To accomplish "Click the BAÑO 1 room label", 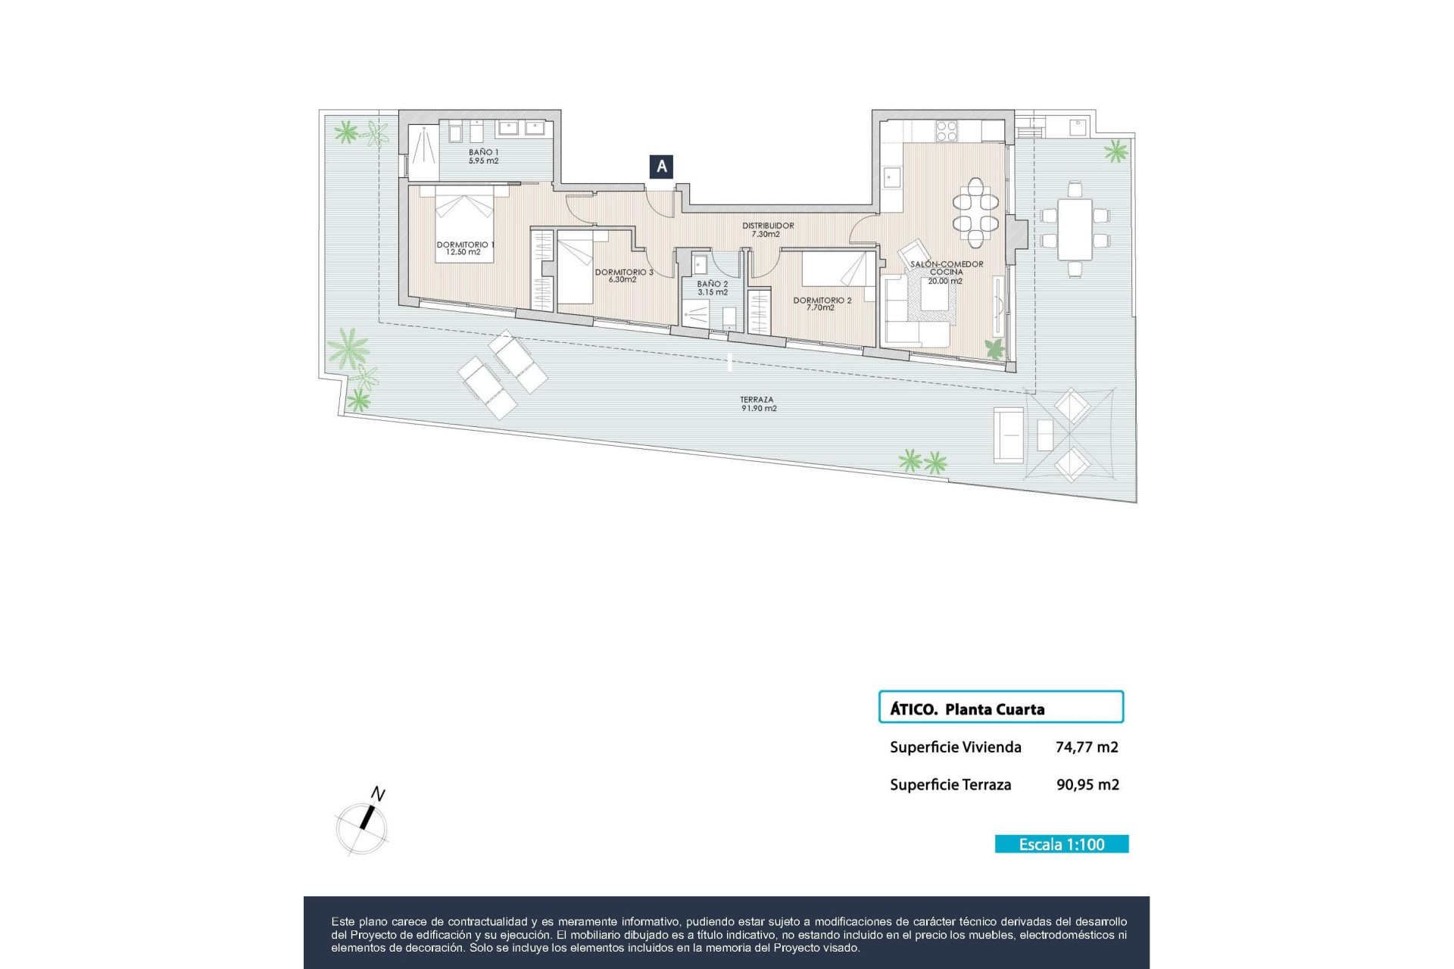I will click(483, 157).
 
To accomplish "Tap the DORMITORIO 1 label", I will click(464, 248).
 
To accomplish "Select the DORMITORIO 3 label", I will click(623, 276).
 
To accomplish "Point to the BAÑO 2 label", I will click(713, 288).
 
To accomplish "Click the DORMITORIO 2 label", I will click(822, 304).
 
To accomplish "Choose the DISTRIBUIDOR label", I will click(767, 229).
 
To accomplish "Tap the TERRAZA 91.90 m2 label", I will click(758, 403).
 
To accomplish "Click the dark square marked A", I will click(661, 167).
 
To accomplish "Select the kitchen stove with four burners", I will click(947, 131).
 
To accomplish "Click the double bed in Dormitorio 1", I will click(464, 226).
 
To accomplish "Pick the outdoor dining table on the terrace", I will click(1075, 229).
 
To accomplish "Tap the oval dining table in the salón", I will click(975, 213).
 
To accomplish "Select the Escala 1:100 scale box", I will click(1061, 844).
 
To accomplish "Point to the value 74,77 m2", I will click(1087, 747).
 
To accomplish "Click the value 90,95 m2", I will click(1087, 785).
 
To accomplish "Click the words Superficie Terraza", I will click(950, 785).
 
